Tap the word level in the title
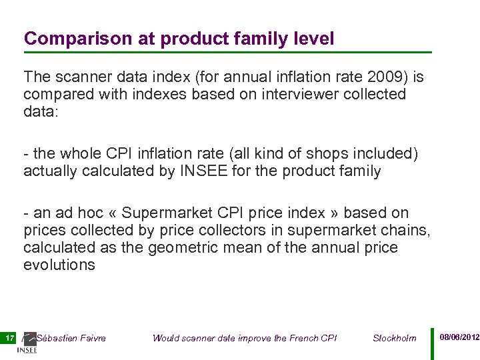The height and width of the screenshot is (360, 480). [x=313, y=39]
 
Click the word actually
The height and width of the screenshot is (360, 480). [x=50, y=171]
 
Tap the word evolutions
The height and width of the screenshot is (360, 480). [x=59, y=265]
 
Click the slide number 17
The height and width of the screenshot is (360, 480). [x=9, y=338]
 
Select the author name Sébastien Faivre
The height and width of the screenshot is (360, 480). [x=71, y=338]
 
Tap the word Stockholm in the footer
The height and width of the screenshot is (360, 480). [x=394, y=338]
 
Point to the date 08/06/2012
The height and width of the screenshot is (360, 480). [x=459, y=338]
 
